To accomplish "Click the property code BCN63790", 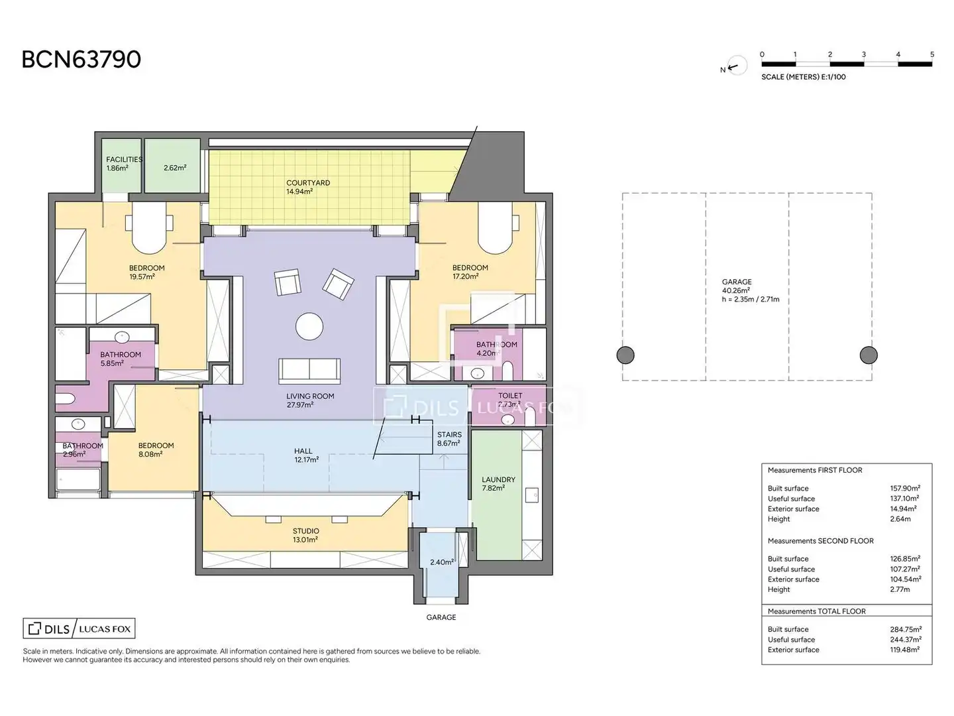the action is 81,59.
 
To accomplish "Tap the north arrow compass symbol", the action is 737,66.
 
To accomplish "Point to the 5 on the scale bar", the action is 932,54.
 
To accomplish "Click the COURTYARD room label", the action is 307,182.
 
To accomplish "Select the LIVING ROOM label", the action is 310,396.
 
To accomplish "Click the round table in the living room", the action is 309,326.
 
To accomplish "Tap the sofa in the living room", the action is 309,371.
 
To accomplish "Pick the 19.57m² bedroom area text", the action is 142,276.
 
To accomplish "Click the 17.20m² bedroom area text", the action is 466,276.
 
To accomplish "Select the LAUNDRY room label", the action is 498,479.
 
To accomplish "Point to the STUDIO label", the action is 306,531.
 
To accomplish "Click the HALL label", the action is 303,451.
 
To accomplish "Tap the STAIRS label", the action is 449,434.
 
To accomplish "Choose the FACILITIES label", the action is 125,160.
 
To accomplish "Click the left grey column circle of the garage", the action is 625,355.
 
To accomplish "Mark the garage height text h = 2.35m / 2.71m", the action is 751,299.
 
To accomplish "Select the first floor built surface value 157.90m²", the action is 905,488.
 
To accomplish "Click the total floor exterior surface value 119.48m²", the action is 904,650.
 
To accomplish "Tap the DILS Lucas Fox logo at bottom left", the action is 79,628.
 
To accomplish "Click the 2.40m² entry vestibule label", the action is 442,562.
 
